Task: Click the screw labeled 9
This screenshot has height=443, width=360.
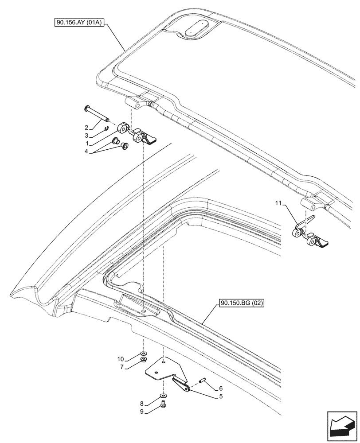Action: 164,404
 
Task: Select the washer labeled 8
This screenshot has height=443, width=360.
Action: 164,395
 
